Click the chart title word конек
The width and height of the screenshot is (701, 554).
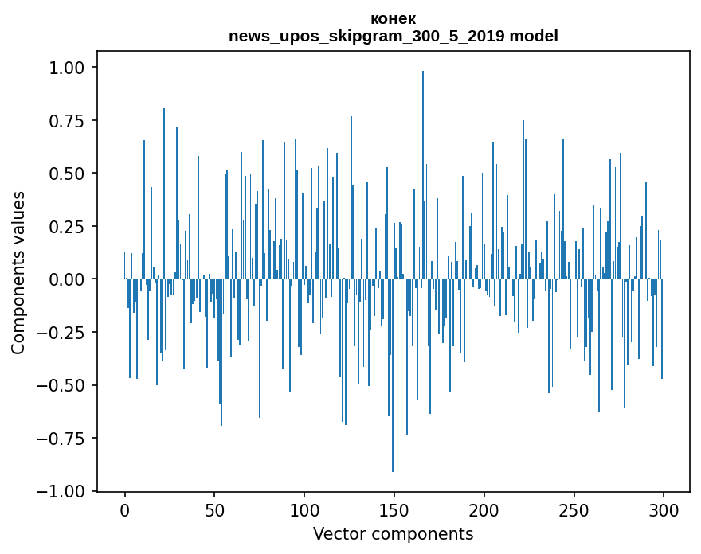pos(393,19)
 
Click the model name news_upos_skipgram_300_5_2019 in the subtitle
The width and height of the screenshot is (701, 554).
pos(367,37)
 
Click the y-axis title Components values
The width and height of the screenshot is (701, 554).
pos(18,272)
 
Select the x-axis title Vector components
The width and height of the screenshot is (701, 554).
pos(393,534)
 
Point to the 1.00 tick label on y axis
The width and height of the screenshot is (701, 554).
pos(72,68)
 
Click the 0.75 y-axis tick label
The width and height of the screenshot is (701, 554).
pos(72,121)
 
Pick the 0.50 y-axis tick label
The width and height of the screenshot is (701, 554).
pos(72,174)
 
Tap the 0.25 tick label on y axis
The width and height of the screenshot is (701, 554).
pos(72,227)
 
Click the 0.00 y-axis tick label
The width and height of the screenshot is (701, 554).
pos(72,279)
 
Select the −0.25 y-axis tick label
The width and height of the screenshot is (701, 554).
pos(67,333)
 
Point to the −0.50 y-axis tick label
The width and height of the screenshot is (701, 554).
pos(67,385)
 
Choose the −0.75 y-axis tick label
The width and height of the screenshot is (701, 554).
pos(67,439)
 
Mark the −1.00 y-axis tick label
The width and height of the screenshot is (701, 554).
pos(67,491)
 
